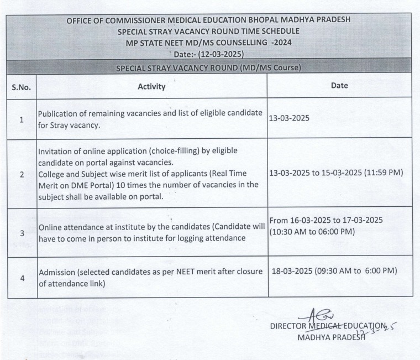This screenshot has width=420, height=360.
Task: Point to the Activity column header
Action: [x=153, y=86]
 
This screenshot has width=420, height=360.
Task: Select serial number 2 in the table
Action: [x=21, y=174]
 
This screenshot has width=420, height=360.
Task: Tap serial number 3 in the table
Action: [x=21, y=232]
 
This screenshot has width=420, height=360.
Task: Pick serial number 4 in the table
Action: [x=21, y=278]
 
